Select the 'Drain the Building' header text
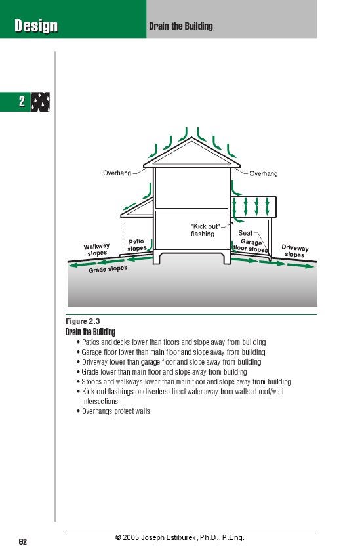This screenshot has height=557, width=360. click(x=181, y=27)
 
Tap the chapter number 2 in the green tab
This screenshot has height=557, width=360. click(x=21, y=102)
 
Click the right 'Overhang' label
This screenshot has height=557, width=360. click(x=263, y=173)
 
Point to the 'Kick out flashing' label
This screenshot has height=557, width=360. click(x=205, y=230)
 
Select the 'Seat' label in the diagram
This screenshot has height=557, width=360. click(x=245, y=233)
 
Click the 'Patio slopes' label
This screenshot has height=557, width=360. click(x=136, y=245)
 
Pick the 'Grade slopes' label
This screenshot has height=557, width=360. click(x=108, y=269)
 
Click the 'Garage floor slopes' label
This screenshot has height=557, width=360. click(x=250, y=246)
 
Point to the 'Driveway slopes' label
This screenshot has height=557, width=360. click(x=294, y=251)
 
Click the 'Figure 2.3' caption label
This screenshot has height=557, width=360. click(x=83, y=321)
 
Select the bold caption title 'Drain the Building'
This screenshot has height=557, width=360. click(x=90, y=332)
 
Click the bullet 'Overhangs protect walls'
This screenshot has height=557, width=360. click(x=115, y=411)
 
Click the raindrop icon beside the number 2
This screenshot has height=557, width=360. click(x=41, y=102)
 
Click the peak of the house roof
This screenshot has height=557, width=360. click(x=191, y=138)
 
